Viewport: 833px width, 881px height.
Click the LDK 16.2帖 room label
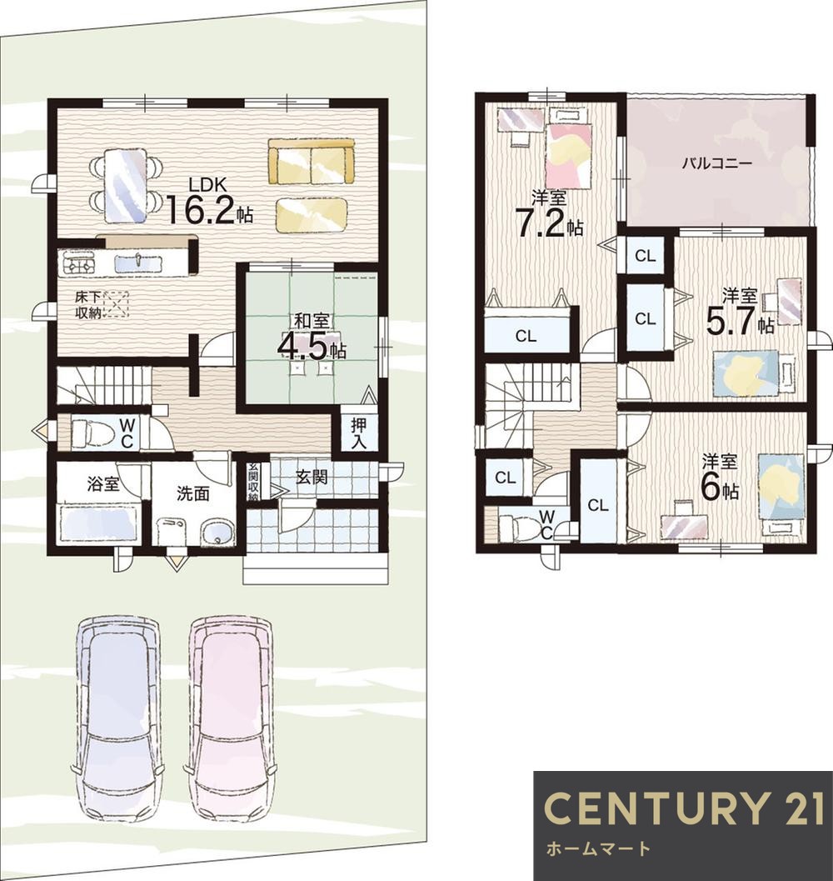tap(208, 201)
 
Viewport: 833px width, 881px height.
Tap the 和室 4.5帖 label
tap(312, 337)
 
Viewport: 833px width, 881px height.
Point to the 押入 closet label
tap(358, 433)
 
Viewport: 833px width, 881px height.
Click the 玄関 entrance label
tap(312, 478)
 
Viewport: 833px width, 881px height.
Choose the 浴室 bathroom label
tap(103, 483)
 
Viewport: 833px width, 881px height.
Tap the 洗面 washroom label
tap(192, 493)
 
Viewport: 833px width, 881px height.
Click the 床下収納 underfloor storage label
tap(88, 304)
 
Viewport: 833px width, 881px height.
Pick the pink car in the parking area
tap(230, 720)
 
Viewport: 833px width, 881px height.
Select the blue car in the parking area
tap(118, 720)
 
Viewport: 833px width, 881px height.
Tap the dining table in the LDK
tap(127, 185)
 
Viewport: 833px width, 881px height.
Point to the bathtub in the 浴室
tap(98, 523)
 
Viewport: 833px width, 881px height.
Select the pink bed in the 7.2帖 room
tap(569, 154)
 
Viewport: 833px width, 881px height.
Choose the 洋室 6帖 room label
tap(720, 478)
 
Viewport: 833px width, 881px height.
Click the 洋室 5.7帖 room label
tap(740, 313)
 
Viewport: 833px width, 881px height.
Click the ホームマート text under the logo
tap(597, 848)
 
